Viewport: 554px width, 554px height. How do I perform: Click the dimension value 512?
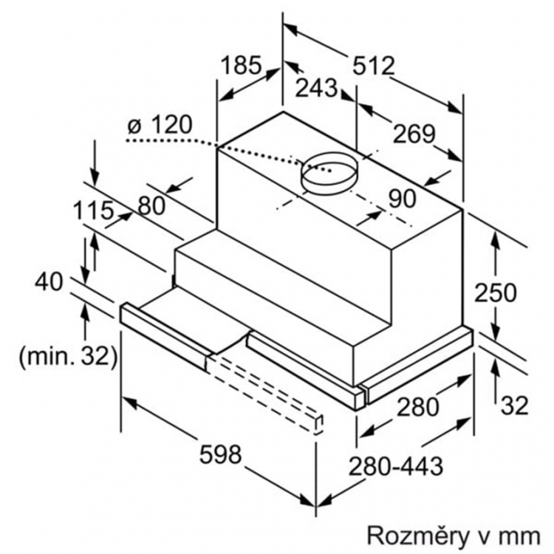click(374, 66)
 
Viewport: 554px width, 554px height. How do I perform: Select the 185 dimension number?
click(242, 65)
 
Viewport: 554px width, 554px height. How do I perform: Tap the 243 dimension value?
click(316, 88)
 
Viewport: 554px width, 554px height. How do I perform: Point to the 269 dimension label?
click(414, 134)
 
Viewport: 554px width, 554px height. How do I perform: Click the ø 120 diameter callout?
click(160, 125)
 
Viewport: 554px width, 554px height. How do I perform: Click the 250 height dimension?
click(495, 293)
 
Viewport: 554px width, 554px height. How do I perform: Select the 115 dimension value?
click(93, 211)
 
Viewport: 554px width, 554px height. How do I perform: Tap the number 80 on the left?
click(151, 205)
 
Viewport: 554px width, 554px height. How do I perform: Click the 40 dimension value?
click(49, 282)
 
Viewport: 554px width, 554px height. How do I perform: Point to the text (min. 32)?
click(68, 357)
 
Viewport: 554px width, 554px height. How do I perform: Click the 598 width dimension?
click(220, 454)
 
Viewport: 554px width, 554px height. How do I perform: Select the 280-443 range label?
click(396, 466)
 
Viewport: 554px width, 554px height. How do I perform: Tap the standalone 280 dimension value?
click(417, 407)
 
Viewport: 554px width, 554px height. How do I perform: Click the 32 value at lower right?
click(514, 406)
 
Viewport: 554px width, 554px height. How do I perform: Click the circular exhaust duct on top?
click(329, 174)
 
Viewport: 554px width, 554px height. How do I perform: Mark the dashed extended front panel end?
click(318, 425)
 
